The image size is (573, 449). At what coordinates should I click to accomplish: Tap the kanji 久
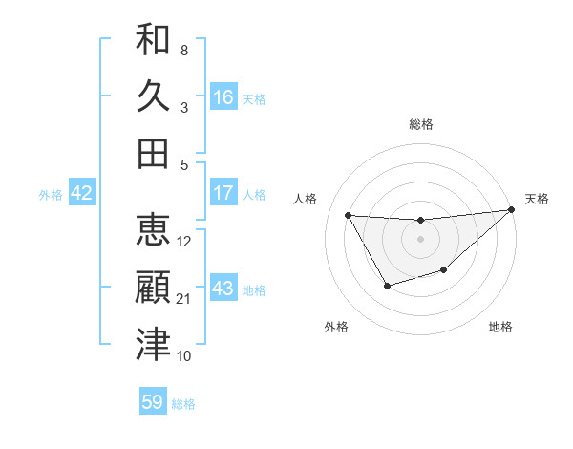click(153, 96)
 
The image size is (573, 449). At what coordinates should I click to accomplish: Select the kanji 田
click(153, 153)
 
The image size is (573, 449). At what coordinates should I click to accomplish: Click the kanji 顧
click(153, 288)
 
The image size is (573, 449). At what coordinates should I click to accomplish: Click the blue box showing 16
click(223, 97)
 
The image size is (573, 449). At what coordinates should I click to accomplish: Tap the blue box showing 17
click(223, 193)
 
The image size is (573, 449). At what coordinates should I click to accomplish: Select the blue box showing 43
click(223, 289)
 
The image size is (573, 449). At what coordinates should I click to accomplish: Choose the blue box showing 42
click(82, 193)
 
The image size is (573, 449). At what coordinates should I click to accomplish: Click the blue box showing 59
click(153, 402)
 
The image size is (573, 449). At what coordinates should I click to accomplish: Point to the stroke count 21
click(184, 299)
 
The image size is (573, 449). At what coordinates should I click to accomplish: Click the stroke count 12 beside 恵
click(184, 242)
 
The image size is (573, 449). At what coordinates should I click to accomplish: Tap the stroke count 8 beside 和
click(184, 51)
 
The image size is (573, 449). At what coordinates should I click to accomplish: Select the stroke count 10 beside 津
click(184, 356)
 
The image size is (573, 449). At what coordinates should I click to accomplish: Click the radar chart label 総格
click(421, 124)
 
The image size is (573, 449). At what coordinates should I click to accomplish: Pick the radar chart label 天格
click(537, 199)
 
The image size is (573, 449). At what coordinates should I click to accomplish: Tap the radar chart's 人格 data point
click(349, 215)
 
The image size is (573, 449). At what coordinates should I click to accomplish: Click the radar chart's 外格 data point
click(387, 286)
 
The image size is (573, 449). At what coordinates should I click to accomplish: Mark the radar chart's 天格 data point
click(511, 210)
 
